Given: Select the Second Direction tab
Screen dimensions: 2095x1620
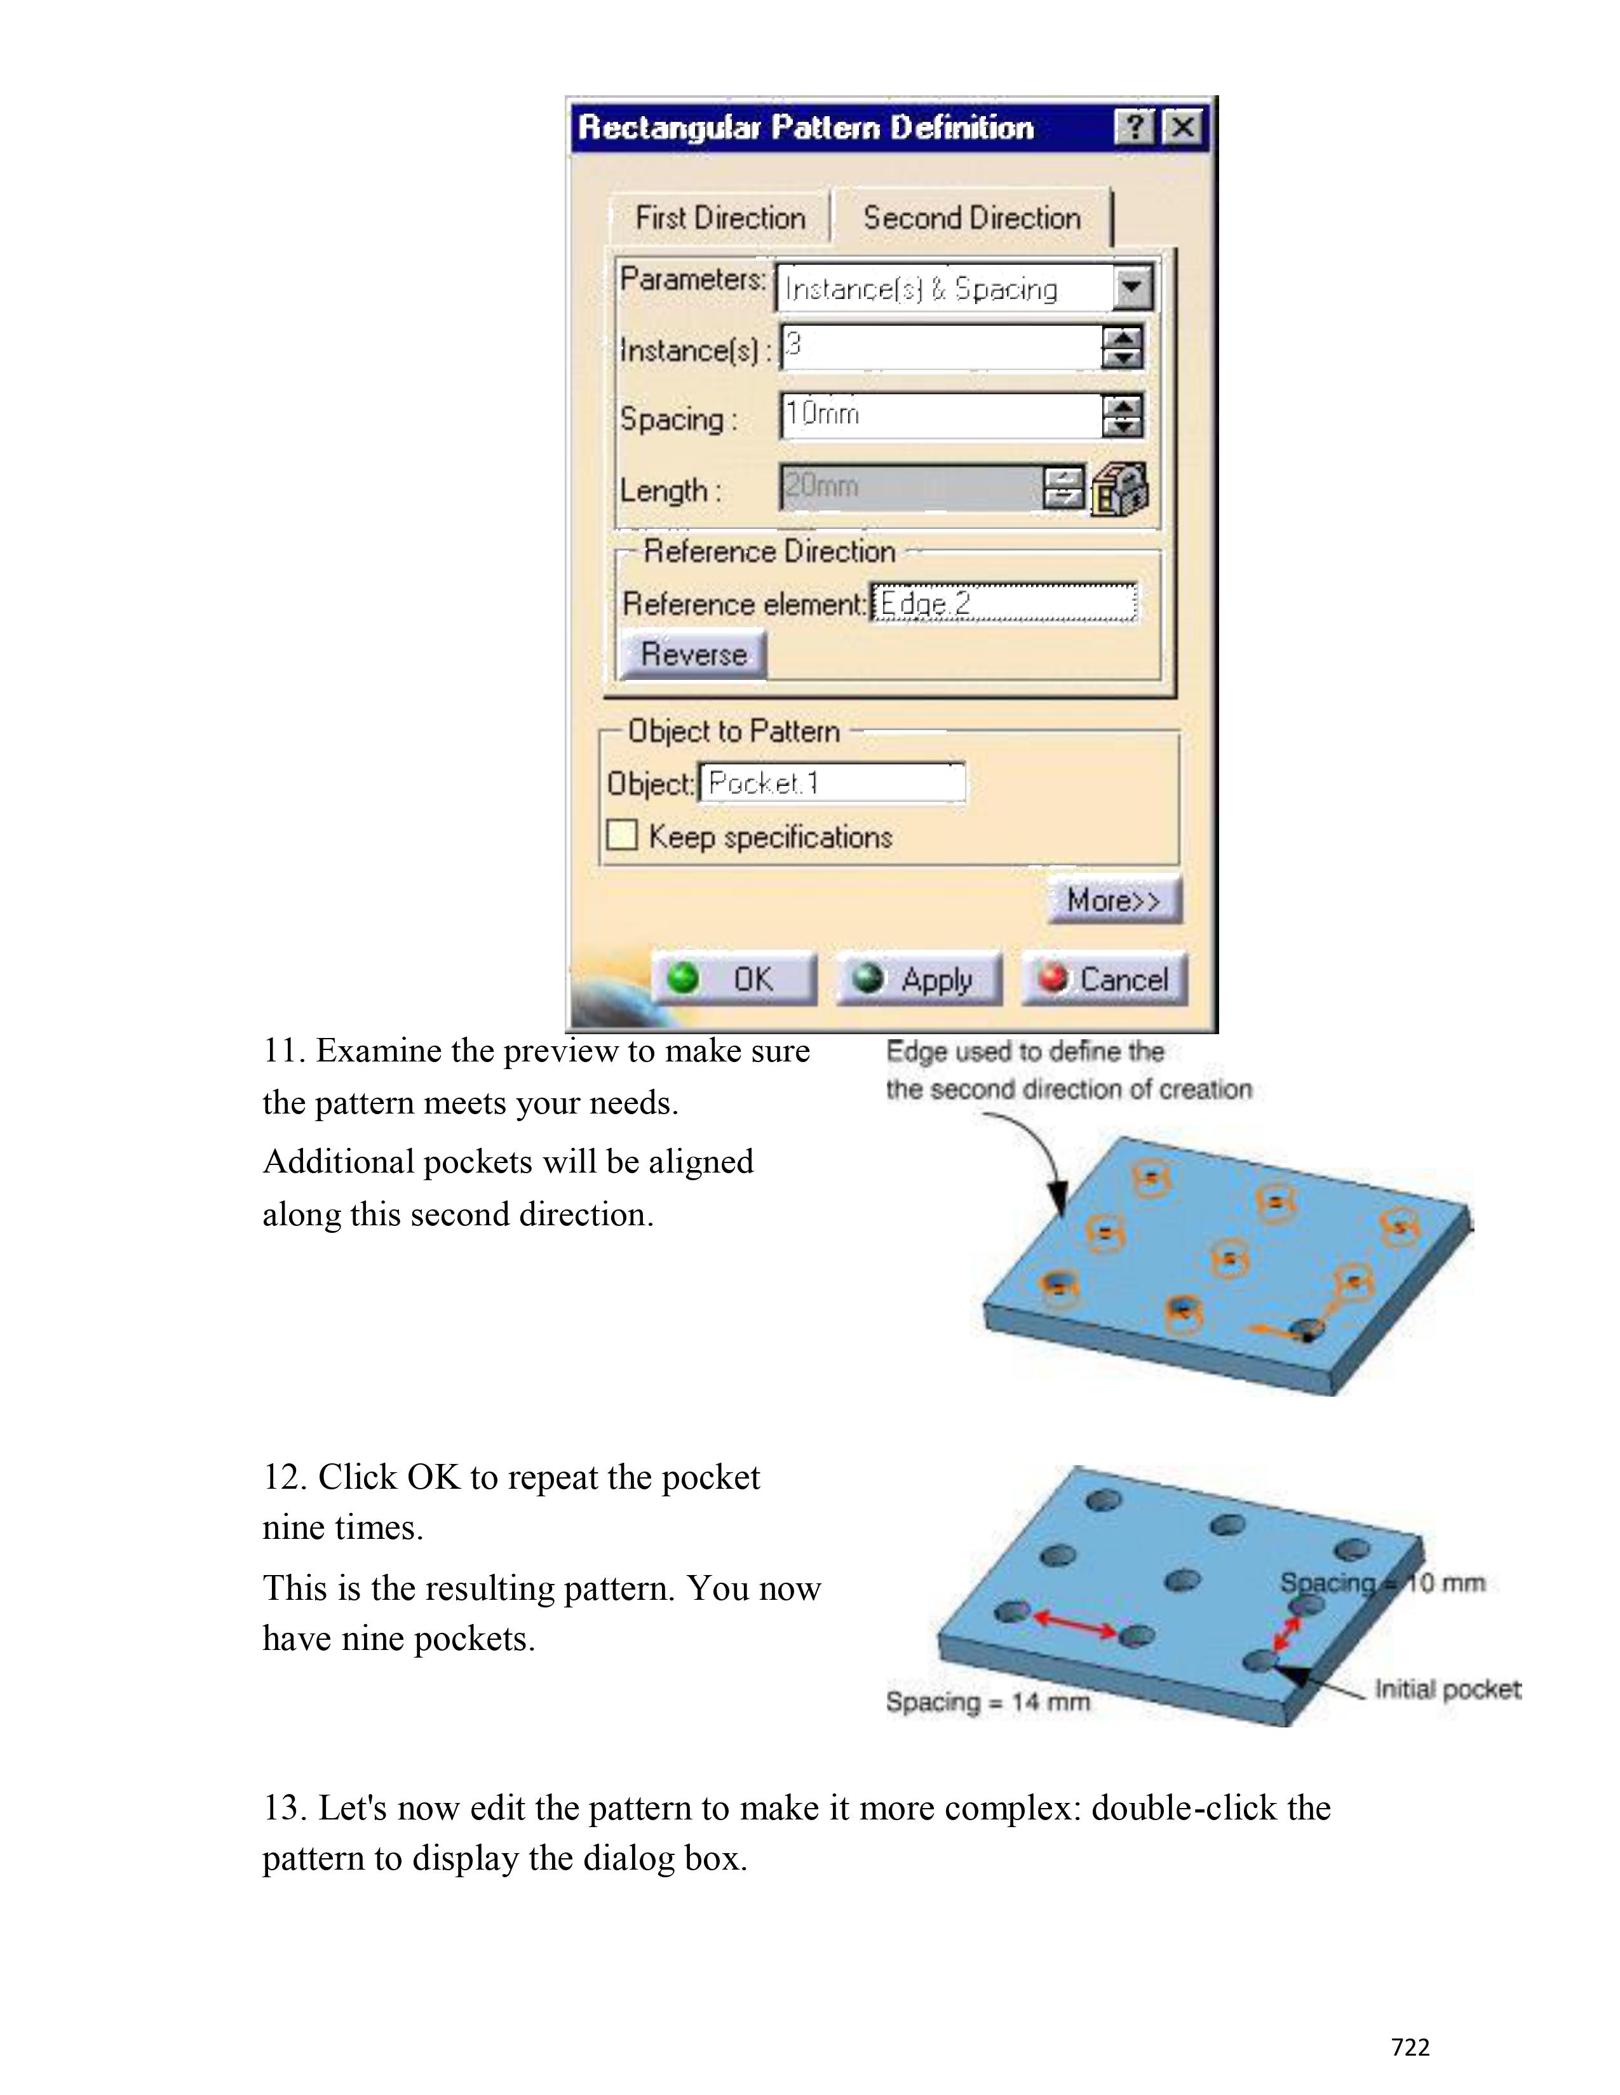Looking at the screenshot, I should point(971,218).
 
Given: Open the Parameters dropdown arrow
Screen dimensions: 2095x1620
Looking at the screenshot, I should point(1133,287).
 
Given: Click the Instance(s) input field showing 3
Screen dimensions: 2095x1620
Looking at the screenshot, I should point(940,347).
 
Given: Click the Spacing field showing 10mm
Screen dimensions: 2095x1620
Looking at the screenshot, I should point(940,415).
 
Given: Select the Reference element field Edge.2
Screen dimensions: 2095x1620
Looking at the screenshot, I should point(1003,603).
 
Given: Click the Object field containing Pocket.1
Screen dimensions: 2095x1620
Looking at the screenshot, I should point(831,783).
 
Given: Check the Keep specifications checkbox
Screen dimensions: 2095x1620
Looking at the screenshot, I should point(622,835).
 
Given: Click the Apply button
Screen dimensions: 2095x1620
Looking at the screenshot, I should point(919,978).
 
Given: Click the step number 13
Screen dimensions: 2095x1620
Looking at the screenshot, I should point(284,1808).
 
